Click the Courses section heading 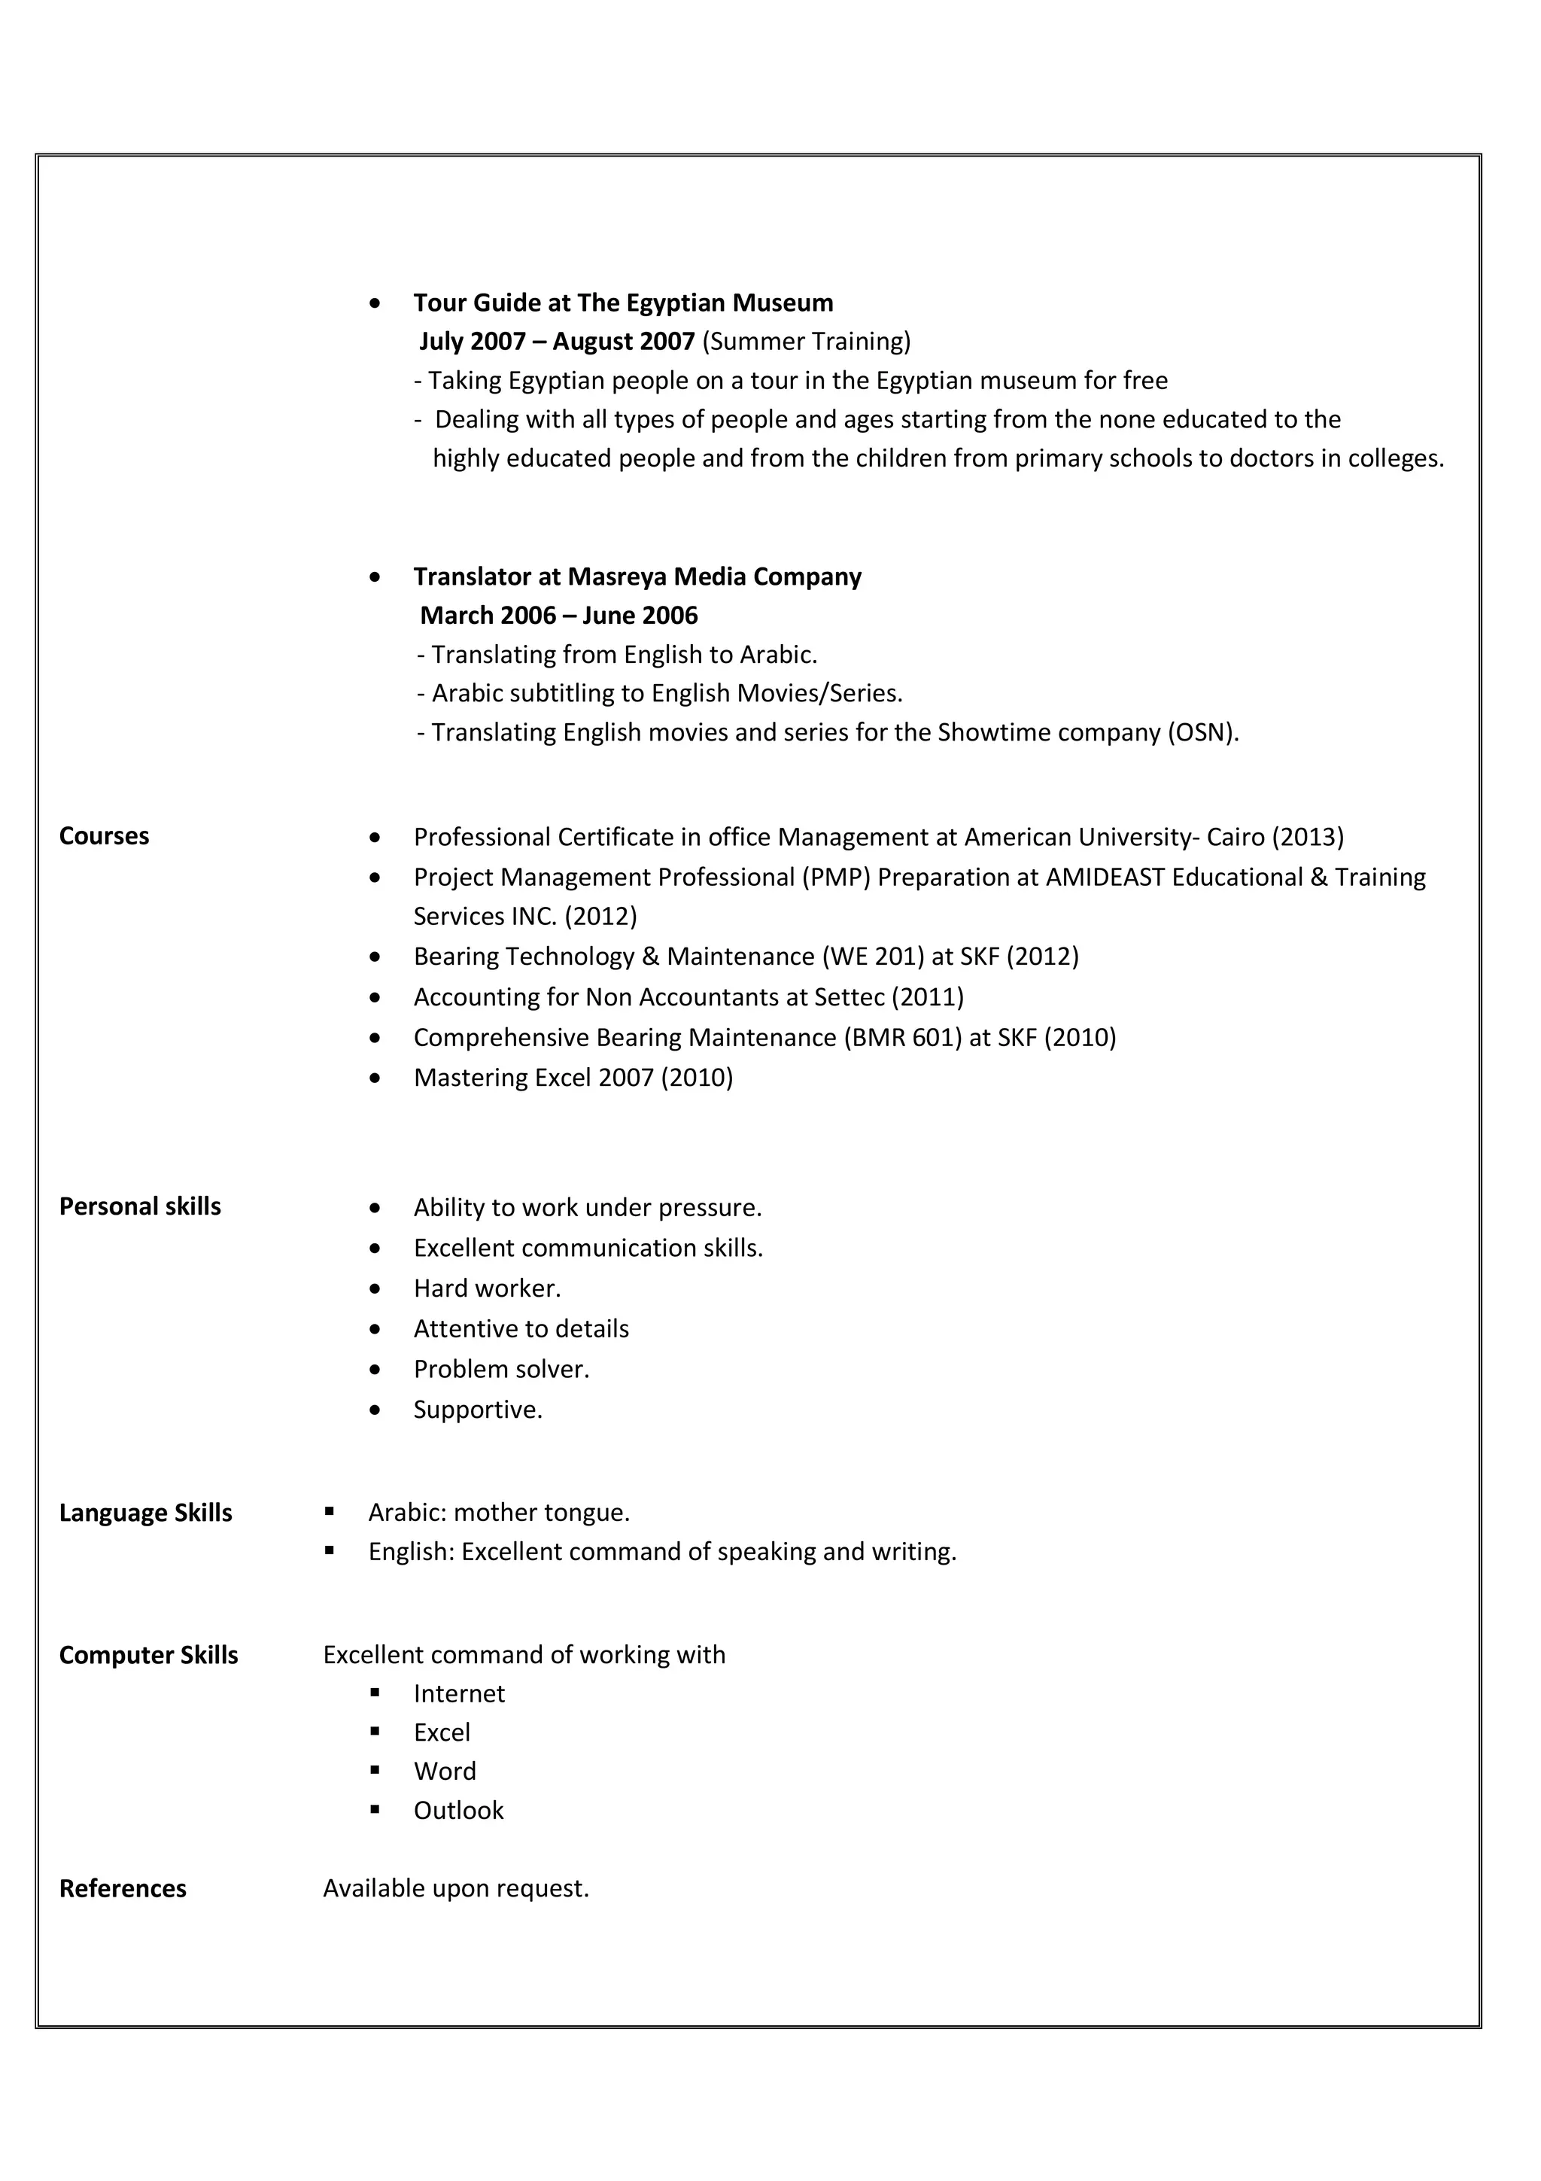[104, 836]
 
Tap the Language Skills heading [145, 1512]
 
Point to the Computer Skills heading [148, 1655]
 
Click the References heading [123, 1888]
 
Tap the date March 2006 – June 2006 [558, 616]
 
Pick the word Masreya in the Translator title [617, 576]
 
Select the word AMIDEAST [1105, 877]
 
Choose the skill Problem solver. [501, 1369]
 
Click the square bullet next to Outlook [375, 1809]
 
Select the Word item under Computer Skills [445, 1772]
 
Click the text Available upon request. [456, 1888]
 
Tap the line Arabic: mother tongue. [498, 1512]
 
